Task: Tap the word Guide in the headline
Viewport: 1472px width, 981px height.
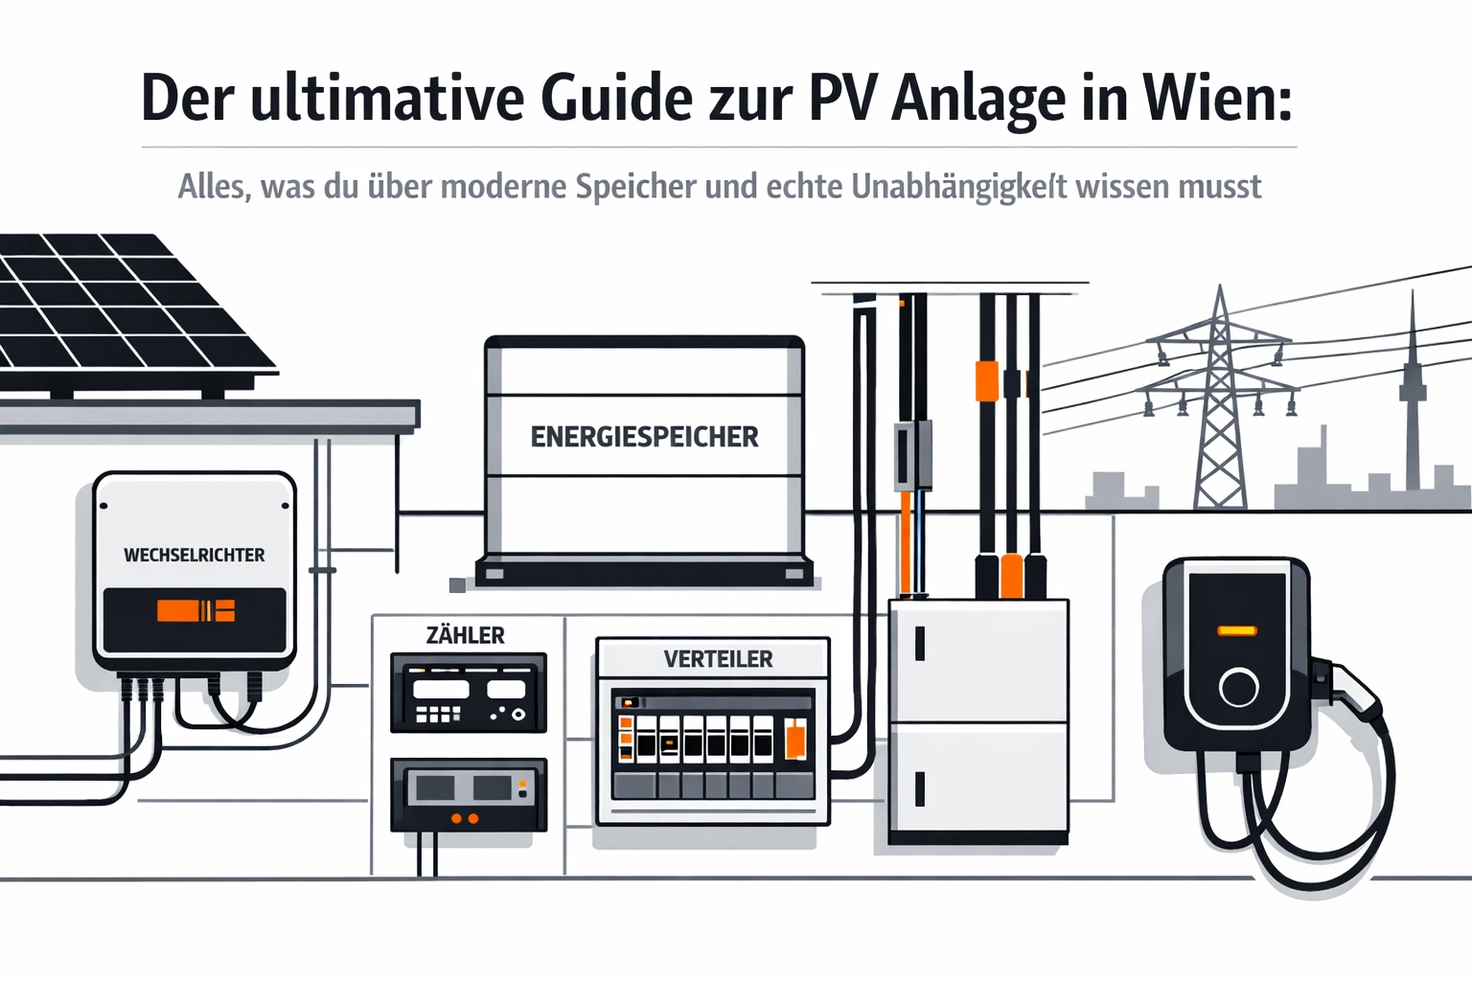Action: (615, 98)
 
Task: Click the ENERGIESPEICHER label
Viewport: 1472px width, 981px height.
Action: (644, 437)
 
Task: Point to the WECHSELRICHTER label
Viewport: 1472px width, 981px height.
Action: (194, 555)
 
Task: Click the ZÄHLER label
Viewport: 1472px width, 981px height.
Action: (465, 635)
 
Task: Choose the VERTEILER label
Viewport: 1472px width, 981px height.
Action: (718, 659)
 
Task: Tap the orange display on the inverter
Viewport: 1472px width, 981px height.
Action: (195, 610)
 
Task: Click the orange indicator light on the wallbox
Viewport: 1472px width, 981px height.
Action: (1236, 630)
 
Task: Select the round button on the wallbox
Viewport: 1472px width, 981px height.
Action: (1238, 687)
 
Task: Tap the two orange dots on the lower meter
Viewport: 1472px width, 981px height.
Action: (464, 819)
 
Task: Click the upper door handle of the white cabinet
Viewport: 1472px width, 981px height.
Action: (920, 644)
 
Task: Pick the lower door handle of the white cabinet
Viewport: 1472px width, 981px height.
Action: (920, 788)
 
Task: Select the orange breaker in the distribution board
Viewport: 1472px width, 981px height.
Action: (794, 741)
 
